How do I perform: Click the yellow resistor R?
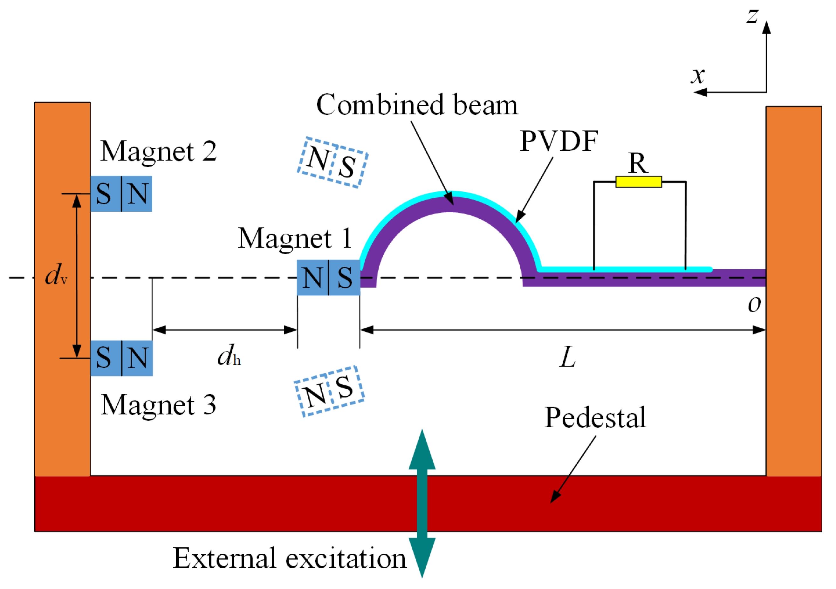(638, 181)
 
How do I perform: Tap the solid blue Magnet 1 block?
(328, 277)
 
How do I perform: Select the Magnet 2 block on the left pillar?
(121, 194)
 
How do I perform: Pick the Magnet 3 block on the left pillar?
(122, 358)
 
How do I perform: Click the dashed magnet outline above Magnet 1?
(332, 163)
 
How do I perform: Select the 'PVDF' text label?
(559, 141)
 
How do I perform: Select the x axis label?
(698, 75)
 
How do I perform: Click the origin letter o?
(754, 304)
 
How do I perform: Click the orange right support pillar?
(794, 291)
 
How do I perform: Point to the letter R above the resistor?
(638, 163)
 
